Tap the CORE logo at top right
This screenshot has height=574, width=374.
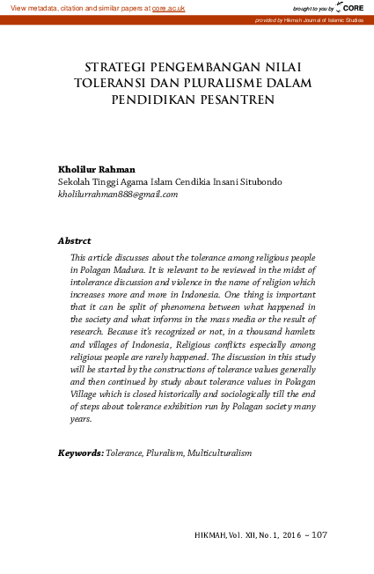pyautogui.click(x=351, y=7)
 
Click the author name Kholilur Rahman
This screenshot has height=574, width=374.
pyautogui.click(x=96, y=169)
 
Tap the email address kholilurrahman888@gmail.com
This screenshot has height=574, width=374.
pyautogui.click(x=118, y=195)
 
